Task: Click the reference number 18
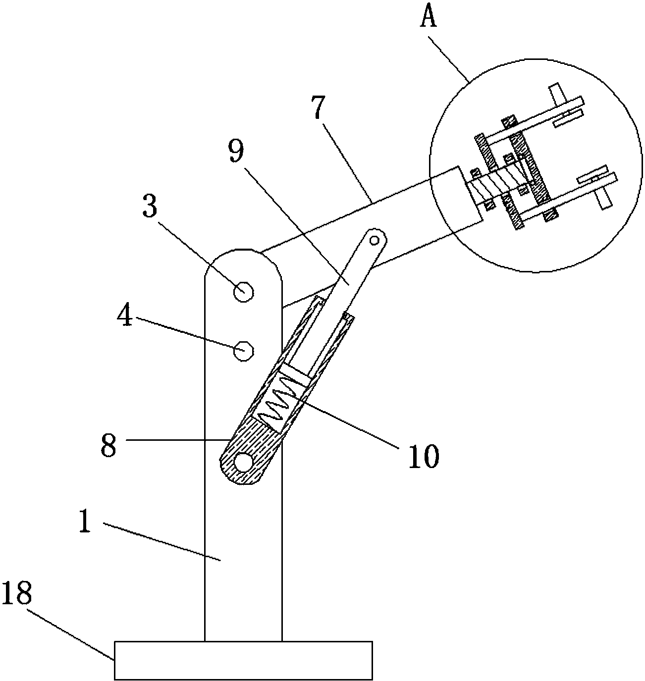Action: point(17,593)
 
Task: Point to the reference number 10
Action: point(424,456)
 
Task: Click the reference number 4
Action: point(124,314)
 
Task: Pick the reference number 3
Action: point(150,206)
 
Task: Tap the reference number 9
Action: point(236,151)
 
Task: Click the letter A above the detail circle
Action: point(429,15)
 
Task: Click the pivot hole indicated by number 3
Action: point(243,292)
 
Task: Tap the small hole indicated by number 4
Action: point(244,351)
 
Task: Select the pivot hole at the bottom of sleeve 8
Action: point(243,462)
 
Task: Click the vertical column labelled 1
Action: point(243,520)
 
